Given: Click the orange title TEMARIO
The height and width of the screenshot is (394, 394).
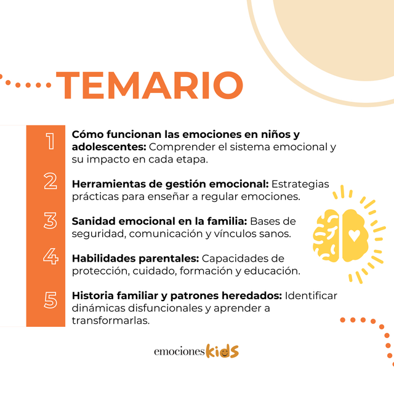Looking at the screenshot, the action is coord(150,85).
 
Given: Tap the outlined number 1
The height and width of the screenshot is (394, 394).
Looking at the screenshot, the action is coord(50,141).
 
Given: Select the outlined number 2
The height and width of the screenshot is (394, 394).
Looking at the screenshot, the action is coord(50,181).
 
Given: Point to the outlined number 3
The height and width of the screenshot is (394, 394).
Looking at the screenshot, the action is coord(50,220).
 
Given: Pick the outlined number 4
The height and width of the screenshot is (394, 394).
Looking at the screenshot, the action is coord(50,256).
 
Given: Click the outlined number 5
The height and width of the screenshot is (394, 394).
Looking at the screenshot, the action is coord(50,300).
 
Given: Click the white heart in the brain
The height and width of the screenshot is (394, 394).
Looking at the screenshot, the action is coord(355,236).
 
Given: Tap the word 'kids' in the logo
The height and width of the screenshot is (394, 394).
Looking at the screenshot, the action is coord(222,351).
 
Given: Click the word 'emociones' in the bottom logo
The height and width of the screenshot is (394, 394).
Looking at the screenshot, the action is coord(179,352).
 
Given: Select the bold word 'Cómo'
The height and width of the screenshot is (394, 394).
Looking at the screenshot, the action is coord(87,134).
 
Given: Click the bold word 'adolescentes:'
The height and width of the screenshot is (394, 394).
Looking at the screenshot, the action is coord(109,147).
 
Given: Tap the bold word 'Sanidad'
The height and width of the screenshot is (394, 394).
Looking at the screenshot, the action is coord(94,222).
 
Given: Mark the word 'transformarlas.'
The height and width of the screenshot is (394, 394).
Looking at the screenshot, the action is coord(111,321).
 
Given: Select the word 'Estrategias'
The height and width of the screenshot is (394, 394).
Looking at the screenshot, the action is coord(300,185).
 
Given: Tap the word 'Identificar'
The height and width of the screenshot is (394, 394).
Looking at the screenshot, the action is coord(311,295).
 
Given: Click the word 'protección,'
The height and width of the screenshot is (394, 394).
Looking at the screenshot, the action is coord(101,271).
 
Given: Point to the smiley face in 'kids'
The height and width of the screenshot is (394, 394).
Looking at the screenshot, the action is coord(224,353).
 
